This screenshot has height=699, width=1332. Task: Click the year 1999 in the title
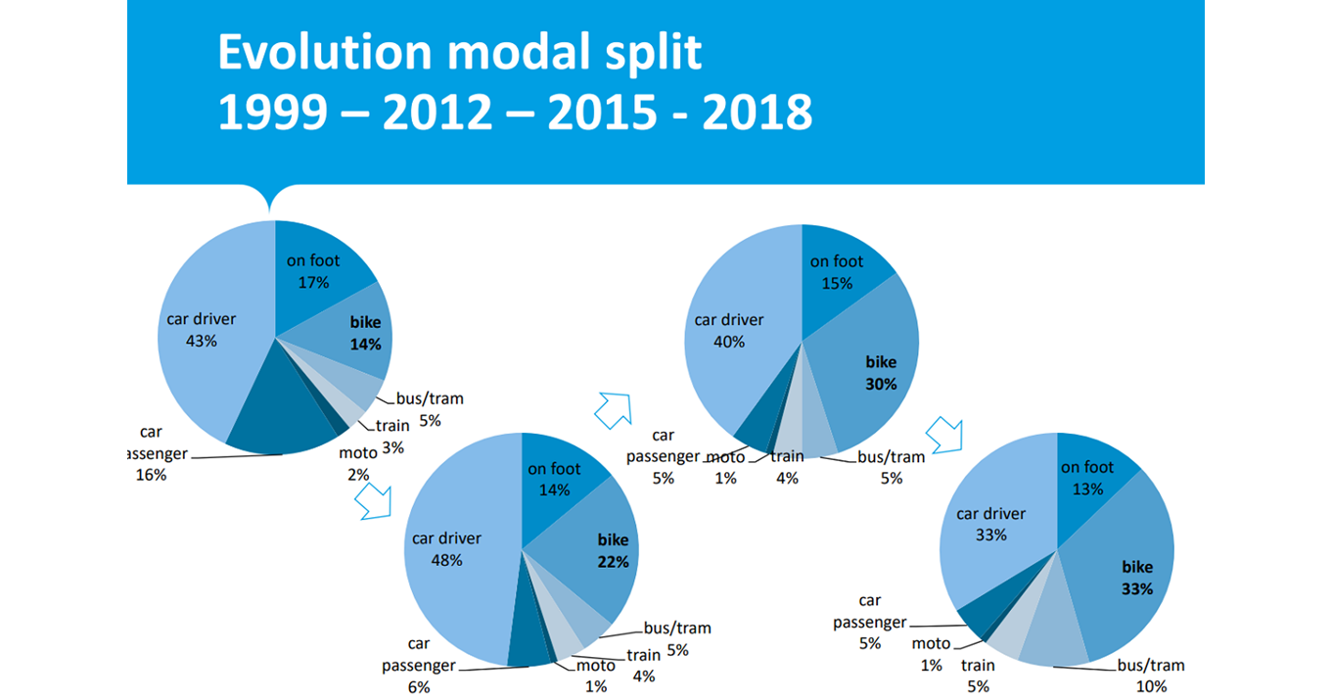pyautogui.click(x=272, y=114)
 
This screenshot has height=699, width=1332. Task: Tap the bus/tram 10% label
pyautogui.click(x=1151, y=676)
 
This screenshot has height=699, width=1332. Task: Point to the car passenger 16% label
pyautogui.click(x=151, y=453)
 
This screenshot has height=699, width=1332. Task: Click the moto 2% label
pyautogui.click(x=357, y=463)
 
